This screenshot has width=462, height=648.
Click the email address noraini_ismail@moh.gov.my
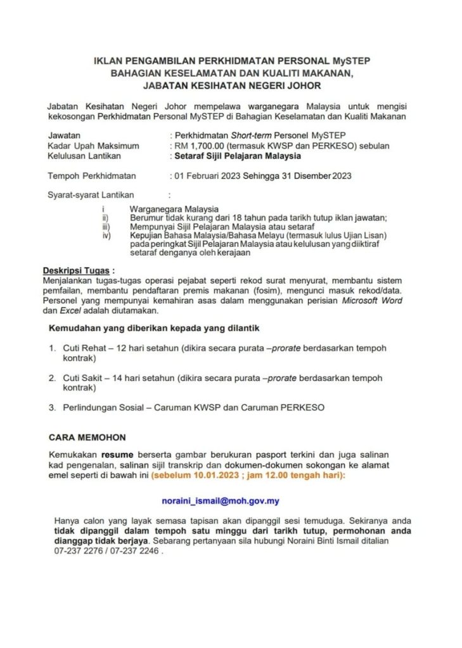(221, 501)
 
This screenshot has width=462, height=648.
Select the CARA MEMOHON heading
(87, 437)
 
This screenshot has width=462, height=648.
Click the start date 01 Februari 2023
(209, 176)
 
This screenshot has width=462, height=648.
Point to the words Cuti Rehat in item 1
(84, 348)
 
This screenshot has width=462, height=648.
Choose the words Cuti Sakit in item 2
(84, 378)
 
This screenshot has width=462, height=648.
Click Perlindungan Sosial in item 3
(105, 408)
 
